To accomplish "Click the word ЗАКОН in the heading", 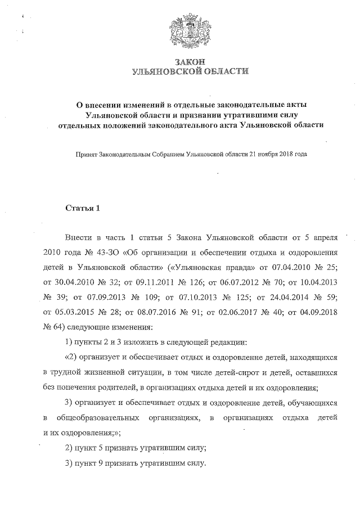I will click(x=190, y=61).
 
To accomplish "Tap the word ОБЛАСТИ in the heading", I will click(x=222, y=71).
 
